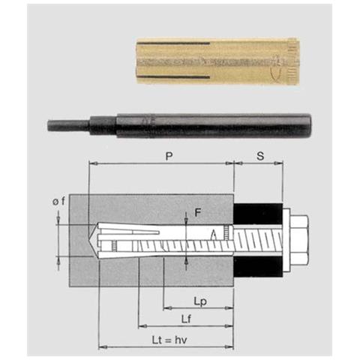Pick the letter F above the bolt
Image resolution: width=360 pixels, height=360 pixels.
[197, 213]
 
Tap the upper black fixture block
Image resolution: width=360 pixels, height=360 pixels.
[259, 213]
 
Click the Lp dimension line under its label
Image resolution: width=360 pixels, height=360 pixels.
[199, 308]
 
